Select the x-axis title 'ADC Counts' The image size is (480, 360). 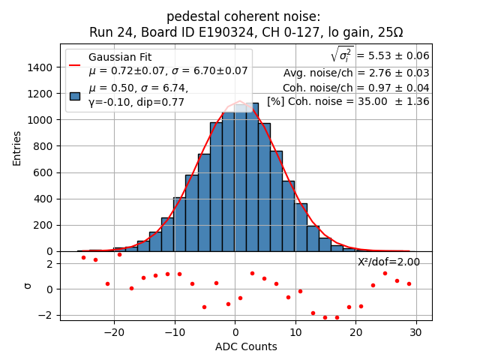coord(246,346)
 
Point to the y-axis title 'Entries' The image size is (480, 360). coord(17,148)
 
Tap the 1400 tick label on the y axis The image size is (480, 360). coord(39,67)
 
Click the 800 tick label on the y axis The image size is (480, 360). coord(42,146)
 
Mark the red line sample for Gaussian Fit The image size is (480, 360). coord(75,64)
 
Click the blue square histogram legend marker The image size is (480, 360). coord(75,95)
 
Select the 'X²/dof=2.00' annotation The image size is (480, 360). coord(388,262)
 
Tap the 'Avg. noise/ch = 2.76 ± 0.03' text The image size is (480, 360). coord(356,73)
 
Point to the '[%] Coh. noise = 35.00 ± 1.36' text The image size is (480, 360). coord(348,101)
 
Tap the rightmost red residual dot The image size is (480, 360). coord(409,283)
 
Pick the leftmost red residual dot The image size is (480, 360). coord(83,257)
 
